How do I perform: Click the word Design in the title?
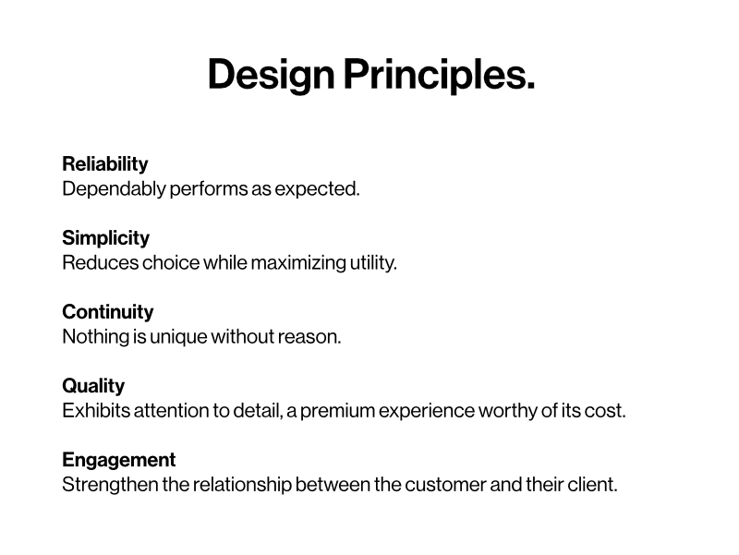click(x=271, y=74)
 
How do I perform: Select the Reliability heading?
click(x=104, y=164)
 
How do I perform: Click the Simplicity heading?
click(x=105, y=238)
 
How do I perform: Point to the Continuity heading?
click(x=107, y=312)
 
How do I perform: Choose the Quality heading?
click(x=92, y=386)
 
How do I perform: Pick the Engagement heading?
click(x=118, y=460)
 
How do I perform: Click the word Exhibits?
click(x=96, y=411)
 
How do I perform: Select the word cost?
click(x=605, y=411)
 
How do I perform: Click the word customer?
click(x=445, y=485)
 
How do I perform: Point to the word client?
click(x=592, y=485)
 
